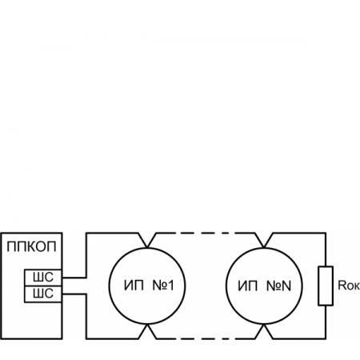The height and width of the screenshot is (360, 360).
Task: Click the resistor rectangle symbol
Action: point(325,286)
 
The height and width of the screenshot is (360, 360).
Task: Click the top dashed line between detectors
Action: point(208,234)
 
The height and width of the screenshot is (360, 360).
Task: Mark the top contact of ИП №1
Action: point(146,239)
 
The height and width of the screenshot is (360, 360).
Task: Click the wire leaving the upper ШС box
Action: point(74,278)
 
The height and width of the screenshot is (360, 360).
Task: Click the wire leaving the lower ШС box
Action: point(74,294)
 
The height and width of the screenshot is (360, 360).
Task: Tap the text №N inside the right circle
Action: point(283,286)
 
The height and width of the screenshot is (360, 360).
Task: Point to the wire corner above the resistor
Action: point(325,234)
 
